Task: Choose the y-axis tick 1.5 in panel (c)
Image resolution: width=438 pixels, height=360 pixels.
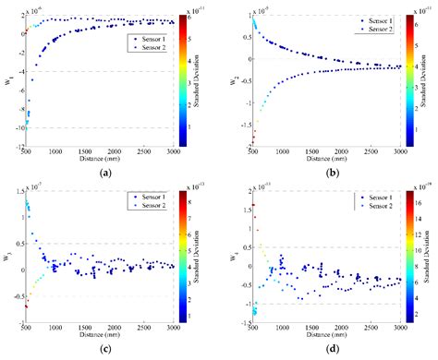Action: pos(16,191)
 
